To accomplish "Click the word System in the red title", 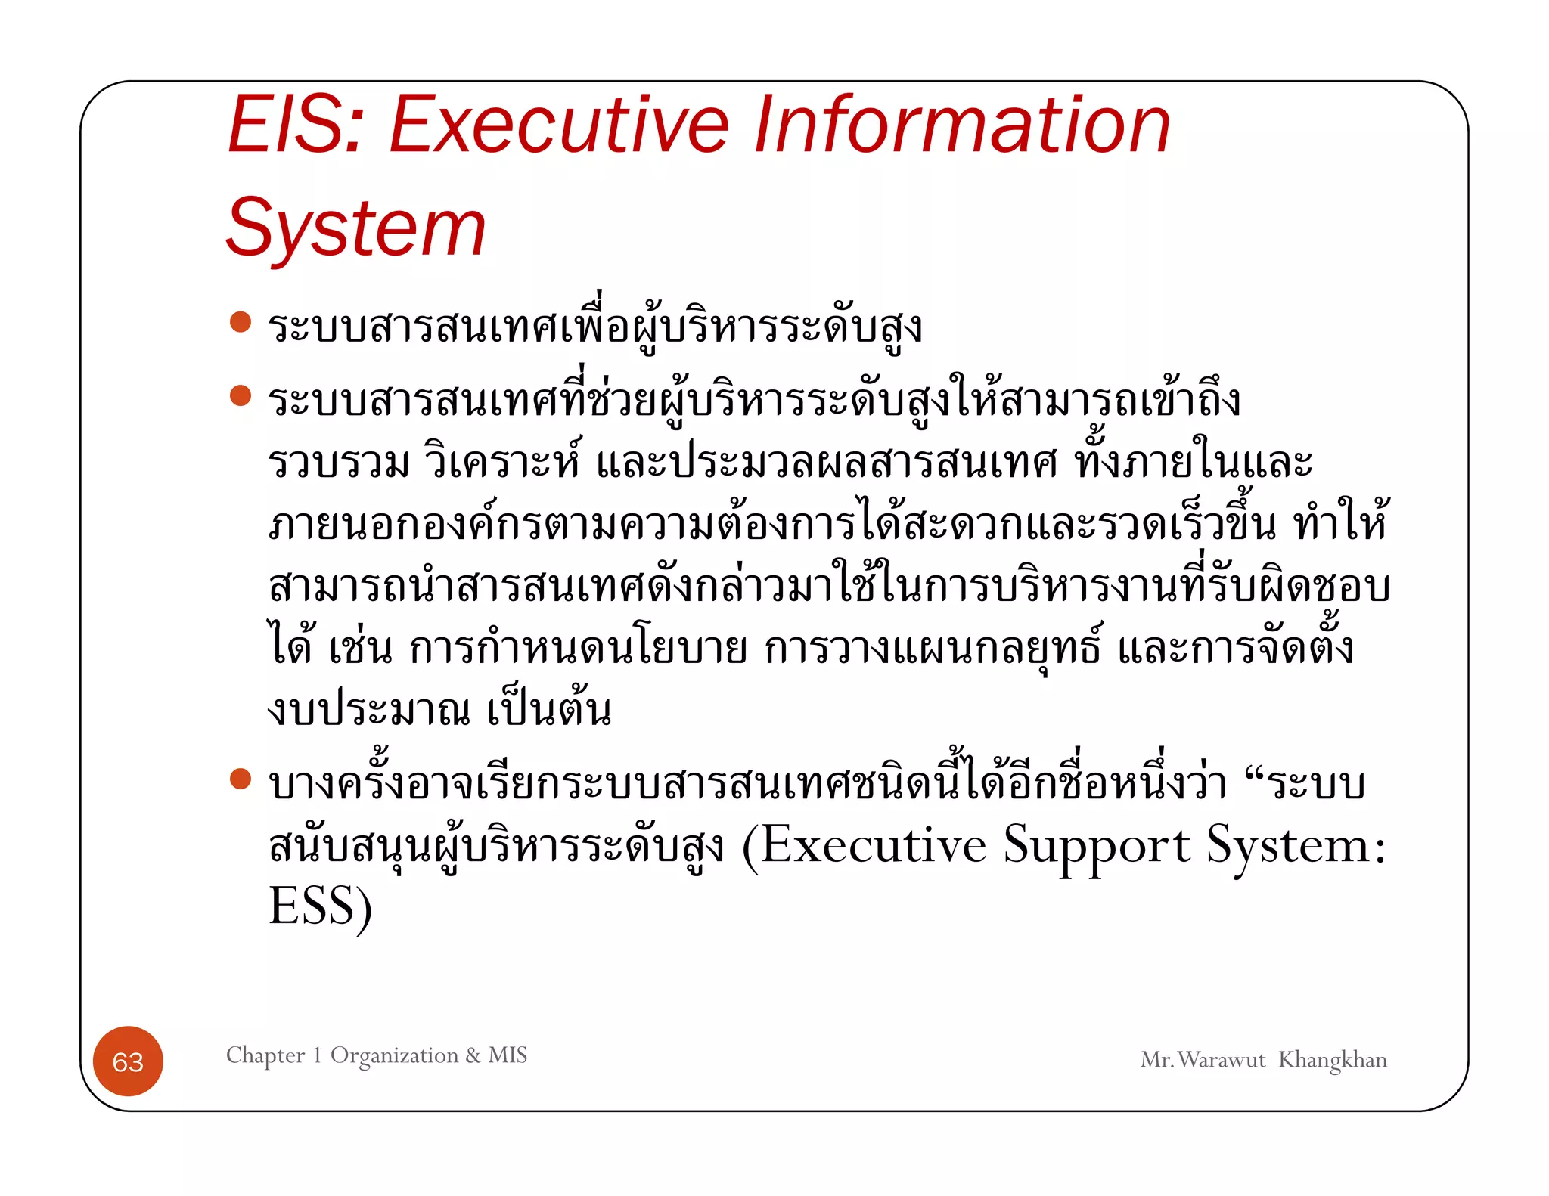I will [x=355, y=228].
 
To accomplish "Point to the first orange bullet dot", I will [x=241, y=323].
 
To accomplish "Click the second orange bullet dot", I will [x=241, y=395].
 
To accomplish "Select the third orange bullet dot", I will [x=241, y=779].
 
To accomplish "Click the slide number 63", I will [x=128, y=1061].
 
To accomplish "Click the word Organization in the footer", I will [x=394, y=1055].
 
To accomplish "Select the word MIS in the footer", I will [x=508, y=1055].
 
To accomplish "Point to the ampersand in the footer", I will [x=473, y=1055].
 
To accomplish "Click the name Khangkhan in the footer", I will [x=1333, y=1060].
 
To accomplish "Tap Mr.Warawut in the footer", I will [x=1203, y=1060].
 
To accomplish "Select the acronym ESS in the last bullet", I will [x=312, y=906].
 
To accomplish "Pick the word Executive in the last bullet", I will [x=874, y=845].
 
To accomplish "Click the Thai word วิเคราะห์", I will [x=503, y=461].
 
